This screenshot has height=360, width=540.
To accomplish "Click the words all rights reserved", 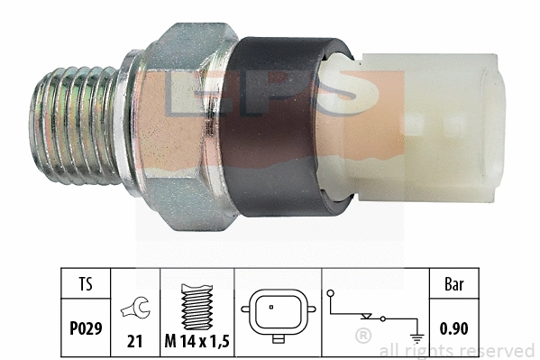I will [456, 350].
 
